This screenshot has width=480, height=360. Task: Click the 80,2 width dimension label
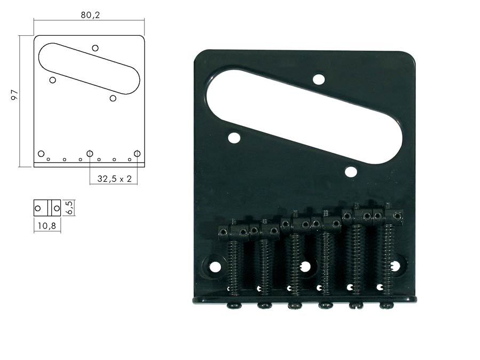click(x=90, y=15)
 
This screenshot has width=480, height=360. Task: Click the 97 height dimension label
click(x=14, y=95)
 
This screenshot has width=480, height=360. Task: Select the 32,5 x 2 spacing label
click(x=114, y=179)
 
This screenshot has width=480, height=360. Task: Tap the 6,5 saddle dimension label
click(x=70, y=208)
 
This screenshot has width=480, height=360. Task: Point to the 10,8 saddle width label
click(x=47, y=226)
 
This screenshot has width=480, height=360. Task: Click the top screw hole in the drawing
click(x=95, y=48)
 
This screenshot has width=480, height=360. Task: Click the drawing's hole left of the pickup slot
click(x=53, y=80)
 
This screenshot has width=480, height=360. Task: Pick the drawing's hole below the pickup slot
click(x=113, y=98)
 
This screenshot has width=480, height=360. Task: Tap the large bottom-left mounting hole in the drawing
click(x=41, y=154)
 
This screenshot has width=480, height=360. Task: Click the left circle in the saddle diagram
click(x=38, y=209)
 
